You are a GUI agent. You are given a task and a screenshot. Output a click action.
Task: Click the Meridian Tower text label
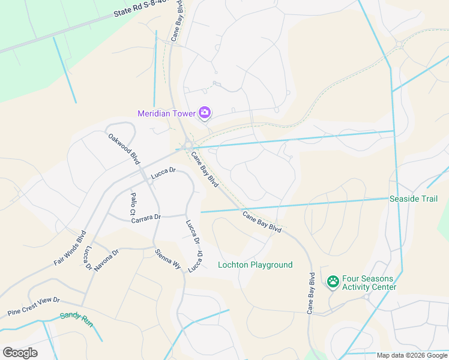(167, 113)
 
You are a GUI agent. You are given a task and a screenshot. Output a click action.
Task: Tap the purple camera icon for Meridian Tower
(205, 112)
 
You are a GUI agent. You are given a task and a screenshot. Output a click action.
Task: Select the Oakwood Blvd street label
(124, 149)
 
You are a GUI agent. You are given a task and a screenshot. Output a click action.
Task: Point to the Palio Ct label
(133, 204)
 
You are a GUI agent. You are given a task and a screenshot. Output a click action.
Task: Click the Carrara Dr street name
(146, 219)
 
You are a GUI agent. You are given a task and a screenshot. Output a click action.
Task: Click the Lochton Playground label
(255, 265)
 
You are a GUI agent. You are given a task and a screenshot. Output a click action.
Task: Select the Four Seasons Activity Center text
(369, 283)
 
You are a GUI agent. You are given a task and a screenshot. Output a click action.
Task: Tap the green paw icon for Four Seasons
(333, 281)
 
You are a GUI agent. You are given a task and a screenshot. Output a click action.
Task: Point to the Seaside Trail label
(414, 199)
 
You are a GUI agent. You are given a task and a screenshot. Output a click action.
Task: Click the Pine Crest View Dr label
(34, 307)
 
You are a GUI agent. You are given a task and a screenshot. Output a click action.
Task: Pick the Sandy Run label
(76, 319)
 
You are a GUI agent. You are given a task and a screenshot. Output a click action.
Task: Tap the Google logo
(20, 353)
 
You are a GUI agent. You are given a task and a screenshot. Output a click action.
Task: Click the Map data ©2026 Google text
(412, 355)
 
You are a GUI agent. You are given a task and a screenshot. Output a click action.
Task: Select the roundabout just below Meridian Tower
(188, 145)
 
